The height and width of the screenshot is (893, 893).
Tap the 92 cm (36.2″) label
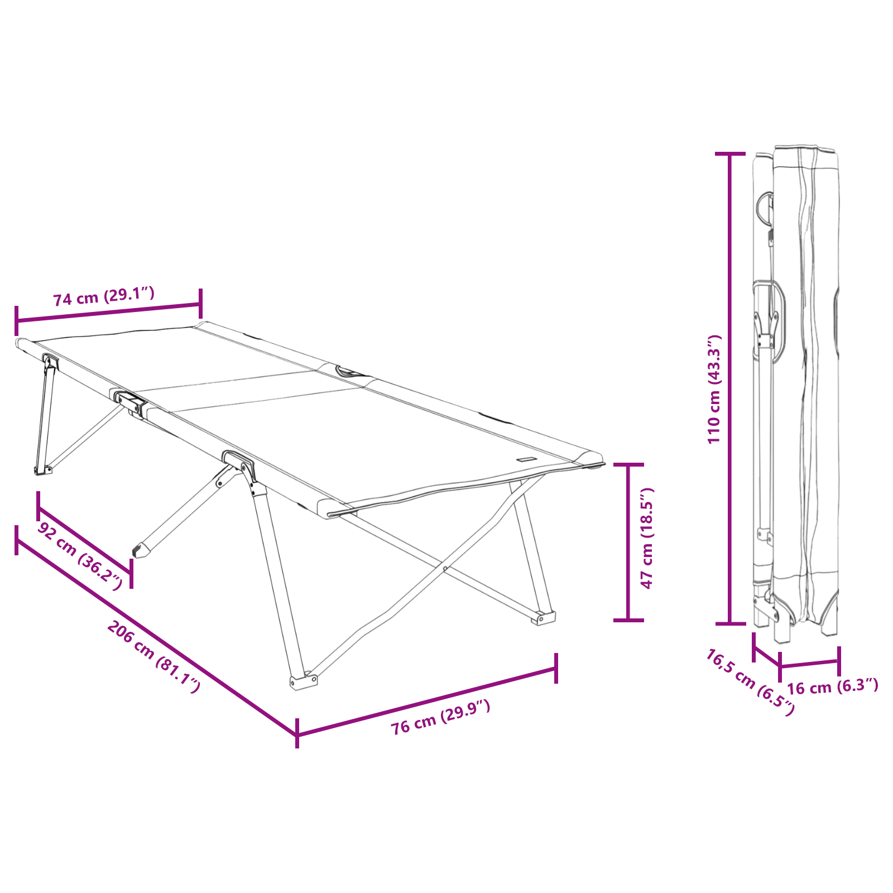pyautogui.click(x=80, y=556)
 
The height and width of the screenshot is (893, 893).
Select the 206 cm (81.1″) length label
pyautogui.click(x=153, y=656)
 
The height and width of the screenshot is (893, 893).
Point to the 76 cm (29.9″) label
pyautogui.click(x=440, y=717)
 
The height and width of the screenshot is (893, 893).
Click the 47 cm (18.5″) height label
pyautogui.click(x=647, y=538)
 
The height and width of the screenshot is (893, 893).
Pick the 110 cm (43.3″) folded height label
pyautogui.click(x=714, y=389)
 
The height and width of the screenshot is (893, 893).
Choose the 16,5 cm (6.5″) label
pyautogui.click(x=750, y=682)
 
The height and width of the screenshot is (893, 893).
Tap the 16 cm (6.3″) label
pyautogui.click(x=832, y=686)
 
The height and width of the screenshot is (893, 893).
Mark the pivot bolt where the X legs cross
pyautogui.click(x=445, y=569)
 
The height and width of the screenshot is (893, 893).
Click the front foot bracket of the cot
pyautogui.click(x=303, y=681)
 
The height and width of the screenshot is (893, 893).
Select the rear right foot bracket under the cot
pyautogui.click(x=542, y=618)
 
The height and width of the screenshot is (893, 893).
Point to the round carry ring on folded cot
pyautogui.click(x=764, y=207)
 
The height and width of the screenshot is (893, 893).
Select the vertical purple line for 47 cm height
pyautogui.click(x=628, y=541)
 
